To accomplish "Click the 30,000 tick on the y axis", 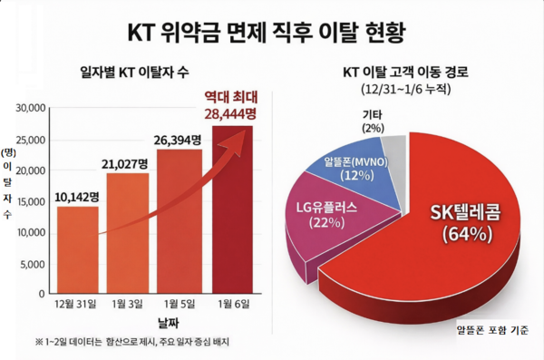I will (31, 109).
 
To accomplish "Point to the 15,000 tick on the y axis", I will (31, 201).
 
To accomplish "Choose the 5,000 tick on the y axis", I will (33, 264).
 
